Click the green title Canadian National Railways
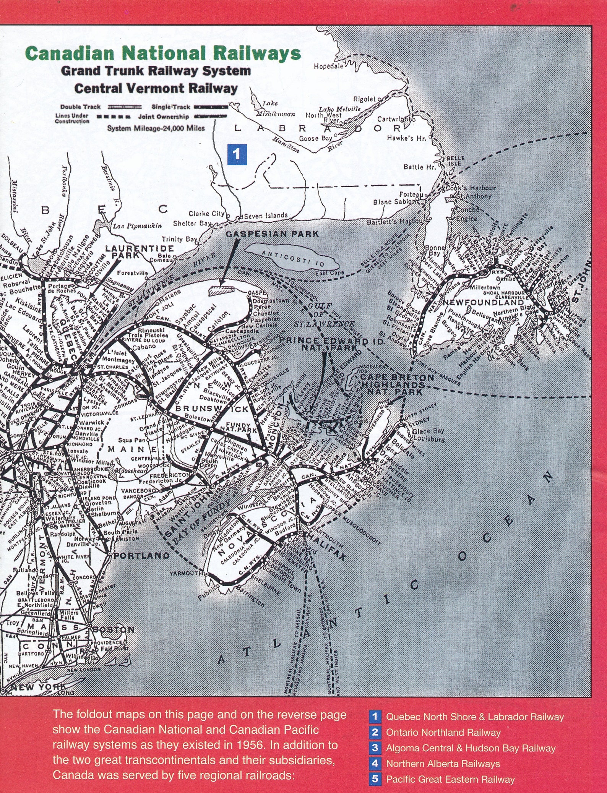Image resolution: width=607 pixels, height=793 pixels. (163, 54)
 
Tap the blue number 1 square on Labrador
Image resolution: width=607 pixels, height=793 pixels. (237, 154)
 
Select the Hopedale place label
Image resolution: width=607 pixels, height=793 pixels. (328, 66)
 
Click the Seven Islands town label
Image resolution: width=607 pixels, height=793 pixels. (266, 216)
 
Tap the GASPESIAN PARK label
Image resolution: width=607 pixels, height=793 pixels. (272, 234)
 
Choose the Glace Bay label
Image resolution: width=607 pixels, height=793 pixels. (428, 431)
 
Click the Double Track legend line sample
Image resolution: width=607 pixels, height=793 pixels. (125, 107)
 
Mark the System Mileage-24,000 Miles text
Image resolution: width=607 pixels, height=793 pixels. (156, 128)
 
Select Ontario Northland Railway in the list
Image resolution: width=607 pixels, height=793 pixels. (443, 732)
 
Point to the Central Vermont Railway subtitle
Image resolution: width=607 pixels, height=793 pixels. (156, 89)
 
